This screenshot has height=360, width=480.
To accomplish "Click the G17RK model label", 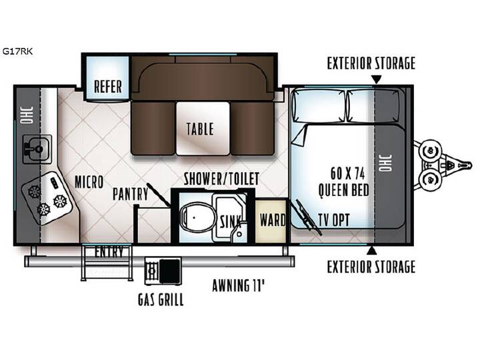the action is [17, 51].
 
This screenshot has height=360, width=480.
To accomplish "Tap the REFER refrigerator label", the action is [108, 86].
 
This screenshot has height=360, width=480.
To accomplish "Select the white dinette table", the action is [203, 128].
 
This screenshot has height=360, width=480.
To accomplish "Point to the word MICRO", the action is [89, 182].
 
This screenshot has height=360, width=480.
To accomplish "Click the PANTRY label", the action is [131, 194].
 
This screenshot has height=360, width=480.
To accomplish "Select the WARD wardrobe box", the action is [272, 220].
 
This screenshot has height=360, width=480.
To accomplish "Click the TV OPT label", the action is [334, 220].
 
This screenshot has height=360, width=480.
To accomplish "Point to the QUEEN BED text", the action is [344, 190].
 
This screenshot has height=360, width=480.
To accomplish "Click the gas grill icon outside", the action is [163, 270].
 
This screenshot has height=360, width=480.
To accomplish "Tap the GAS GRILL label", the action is [161, 299].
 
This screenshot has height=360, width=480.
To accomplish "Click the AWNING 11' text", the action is [238, 285].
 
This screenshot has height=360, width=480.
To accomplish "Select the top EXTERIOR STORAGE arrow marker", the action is [377, 79].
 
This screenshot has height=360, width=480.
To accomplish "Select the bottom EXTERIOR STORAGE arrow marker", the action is [371, 250].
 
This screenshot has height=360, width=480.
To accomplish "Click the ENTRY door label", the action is [109, 252].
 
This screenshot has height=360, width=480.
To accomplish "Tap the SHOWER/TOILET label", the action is [221, 179].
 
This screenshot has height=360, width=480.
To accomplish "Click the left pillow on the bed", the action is [319, 105].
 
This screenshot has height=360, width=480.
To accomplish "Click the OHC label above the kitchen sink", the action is [26, 115].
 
